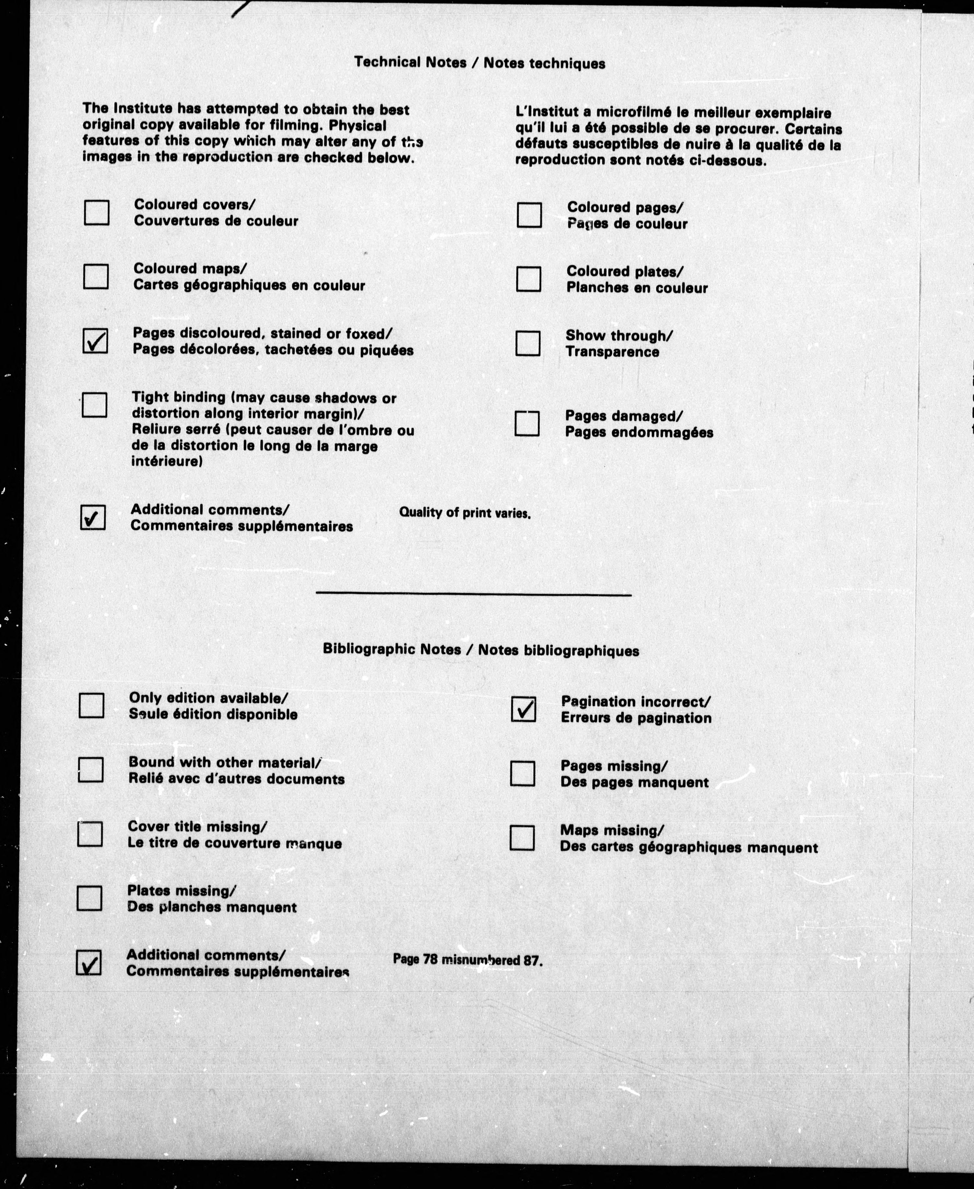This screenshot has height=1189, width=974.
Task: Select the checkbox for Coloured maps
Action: point(96,277)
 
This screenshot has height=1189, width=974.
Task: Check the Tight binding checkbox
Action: point(94,404)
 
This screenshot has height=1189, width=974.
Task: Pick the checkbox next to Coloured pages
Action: point(529,215)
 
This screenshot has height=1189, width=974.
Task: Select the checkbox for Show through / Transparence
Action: point(528,344)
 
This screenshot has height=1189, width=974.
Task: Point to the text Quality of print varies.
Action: point(465,513)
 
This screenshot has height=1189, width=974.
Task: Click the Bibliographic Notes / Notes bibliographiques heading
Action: point(481,650)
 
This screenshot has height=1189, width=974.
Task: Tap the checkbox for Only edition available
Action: point(91,705)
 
